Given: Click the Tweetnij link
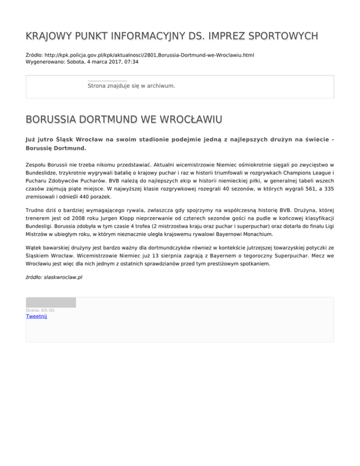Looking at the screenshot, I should [x=36, y=316].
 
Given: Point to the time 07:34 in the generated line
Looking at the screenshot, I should [x=131, y=61].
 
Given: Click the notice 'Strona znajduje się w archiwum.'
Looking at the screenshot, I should [x=131, y=86].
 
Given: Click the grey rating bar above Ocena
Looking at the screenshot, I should [x=51, y=302].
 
